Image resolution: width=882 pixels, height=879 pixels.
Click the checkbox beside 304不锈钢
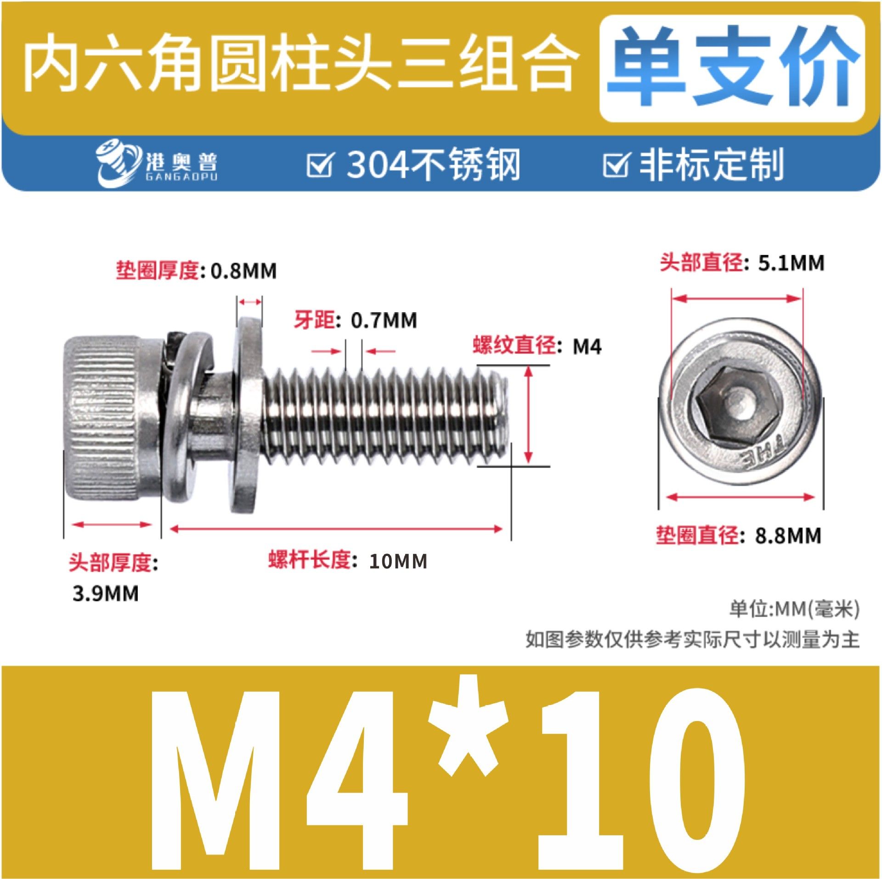[x=319, y=164]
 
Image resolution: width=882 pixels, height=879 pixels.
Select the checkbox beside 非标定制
[x=616, y=164]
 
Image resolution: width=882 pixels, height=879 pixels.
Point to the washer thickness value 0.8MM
[x=243, y=271]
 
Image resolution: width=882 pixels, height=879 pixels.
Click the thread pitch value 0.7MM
[x=384, y=320]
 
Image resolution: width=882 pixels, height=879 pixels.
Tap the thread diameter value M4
[x=587, y=346]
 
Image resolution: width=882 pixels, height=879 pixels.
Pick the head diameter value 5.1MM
[x=791, y=263]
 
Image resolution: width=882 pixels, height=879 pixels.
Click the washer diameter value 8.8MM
[x=788, y=536]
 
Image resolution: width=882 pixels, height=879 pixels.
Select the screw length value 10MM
[x=398, y=561]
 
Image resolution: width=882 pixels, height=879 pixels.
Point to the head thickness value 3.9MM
[x=105, y=594]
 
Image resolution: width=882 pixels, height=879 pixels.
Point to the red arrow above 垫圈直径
[x=741, y=497]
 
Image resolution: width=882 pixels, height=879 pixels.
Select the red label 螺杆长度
[x=310, y=560]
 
